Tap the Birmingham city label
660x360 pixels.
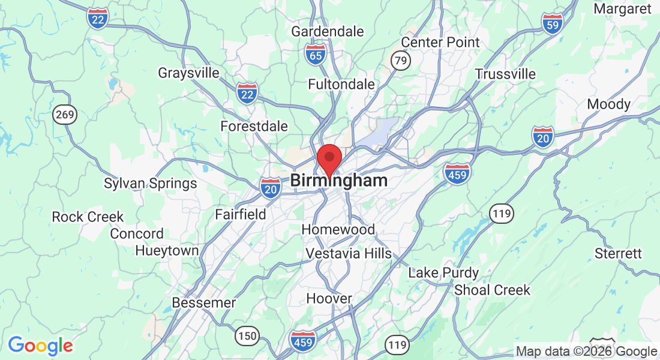[339, 181]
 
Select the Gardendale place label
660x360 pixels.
[328, 31]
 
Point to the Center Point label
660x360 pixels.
[440, 42]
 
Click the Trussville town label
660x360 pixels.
[505, 74]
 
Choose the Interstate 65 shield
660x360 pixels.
[315, 54]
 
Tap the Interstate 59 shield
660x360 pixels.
[552, 23]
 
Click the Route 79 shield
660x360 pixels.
[399, 60]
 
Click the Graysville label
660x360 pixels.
[188, 73]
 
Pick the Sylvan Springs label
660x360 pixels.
[151, 184]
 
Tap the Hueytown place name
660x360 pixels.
[167, 250]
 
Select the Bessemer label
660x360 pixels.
[204, 303]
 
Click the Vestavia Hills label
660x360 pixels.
[349, 254]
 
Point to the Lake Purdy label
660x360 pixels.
[443, 273]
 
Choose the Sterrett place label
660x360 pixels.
[618, 253]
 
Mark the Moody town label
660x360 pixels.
[608, 104]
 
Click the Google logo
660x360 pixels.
[40, 346]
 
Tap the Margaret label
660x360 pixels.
[622, 8]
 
